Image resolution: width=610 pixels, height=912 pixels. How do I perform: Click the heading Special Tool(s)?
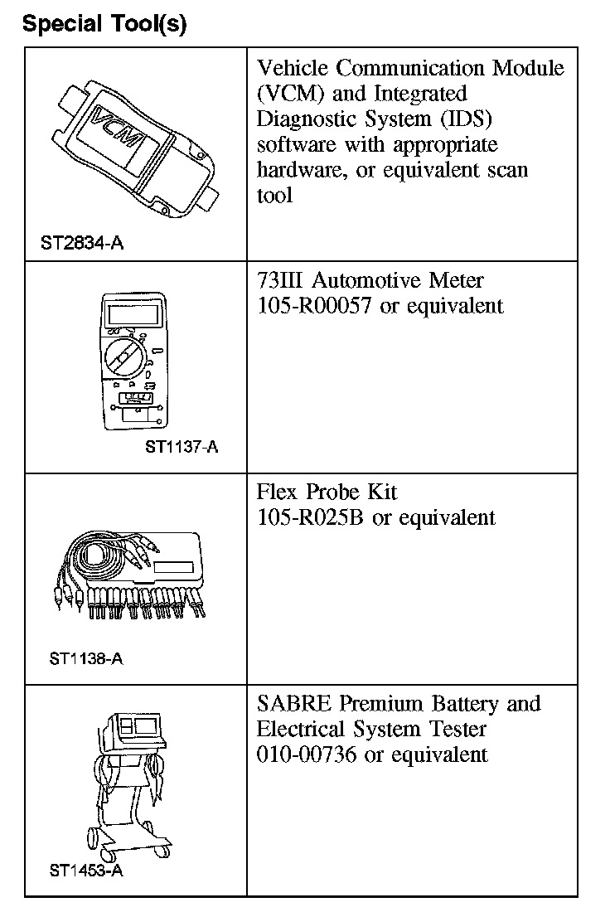click(x=104, y=24)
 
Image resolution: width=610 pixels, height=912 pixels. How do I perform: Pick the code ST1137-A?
click(x=182, y=448)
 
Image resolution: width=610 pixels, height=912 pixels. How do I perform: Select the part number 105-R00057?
click(x=315, y=306)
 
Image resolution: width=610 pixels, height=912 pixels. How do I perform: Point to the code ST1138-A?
click(x=86, y=659)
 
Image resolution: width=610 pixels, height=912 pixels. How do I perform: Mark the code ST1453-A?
click(x=86, y=871)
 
